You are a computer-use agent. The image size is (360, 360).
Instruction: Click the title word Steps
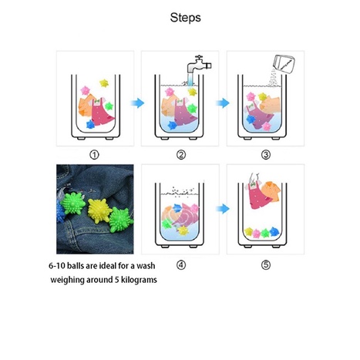point(185,18)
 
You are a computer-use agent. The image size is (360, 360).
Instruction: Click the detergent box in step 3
point(284,64)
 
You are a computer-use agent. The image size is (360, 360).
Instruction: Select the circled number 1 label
point(94,155)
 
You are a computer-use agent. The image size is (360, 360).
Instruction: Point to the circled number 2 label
point(181,155)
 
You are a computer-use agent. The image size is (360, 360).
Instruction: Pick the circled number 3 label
point(266,155)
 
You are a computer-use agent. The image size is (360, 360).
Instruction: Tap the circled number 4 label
point(181,264)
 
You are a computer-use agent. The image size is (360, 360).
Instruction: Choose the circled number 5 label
point(266,264)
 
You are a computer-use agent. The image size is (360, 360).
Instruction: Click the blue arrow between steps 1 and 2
point(138,103)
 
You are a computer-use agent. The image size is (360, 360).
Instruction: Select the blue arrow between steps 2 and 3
point(223,103)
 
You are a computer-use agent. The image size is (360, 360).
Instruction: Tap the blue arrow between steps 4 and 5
point(223,209)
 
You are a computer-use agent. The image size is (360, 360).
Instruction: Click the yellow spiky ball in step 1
point(104,83)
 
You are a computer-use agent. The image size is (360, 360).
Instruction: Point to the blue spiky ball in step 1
point(90,124)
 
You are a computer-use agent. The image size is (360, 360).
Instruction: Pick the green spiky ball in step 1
point(109,106)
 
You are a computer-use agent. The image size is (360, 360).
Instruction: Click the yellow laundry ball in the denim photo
point(99,210)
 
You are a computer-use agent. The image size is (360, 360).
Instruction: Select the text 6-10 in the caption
point(57,266)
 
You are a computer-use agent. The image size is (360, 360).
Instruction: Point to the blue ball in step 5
point(274,232)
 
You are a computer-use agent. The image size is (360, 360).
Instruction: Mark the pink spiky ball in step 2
point(170,92)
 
